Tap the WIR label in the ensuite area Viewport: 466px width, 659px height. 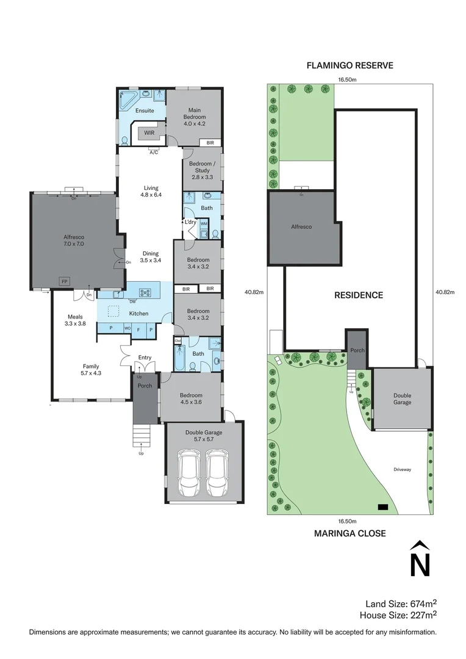pyautogui.click(x=149, y=132)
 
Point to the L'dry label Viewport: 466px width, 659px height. pyautogui.click(x=190, y=223)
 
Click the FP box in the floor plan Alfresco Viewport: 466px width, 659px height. pyautogui.click(x=63, y=281)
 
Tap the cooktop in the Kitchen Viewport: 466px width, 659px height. pyautogui.click(x=145, y=292)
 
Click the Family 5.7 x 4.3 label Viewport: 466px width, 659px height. pyautogui.click(x=91, y=370)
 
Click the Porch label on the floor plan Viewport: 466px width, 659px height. pyautogui.click(x=145, y=385)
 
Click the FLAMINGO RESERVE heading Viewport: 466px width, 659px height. pyautogui.click(x=350, y=65)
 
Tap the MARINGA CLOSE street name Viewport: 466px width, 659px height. pyautogui.click(x=349, y=533)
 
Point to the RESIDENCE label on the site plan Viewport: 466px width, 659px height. pyautogui.click(x=359, y=295)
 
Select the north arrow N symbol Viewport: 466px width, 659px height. pyautogui.click(x=419, y=559)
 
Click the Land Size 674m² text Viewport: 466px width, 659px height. pyautogui.click(x=400, y=603)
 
